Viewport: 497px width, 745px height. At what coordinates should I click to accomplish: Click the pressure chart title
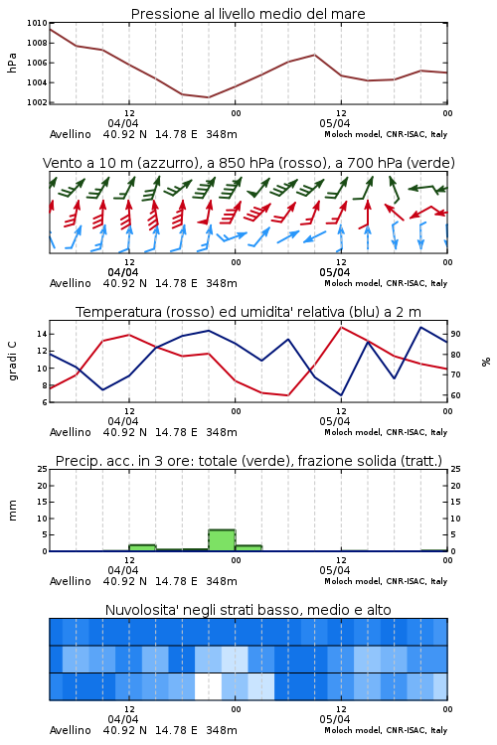click(248, 14)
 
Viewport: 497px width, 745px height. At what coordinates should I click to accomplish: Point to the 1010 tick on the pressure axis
click(37, 23)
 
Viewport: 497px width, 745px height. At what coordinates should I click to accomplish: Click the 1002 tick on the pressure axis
click(37, 102)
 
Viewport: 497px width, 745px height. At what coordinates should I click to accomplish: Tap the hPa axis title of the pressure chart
click(12, 63)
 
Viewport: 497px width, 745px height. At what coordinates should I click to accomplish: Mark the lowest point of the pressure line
click(209, 97)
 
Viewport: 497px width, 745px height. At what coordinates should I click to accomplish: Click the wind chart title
click(248, 163)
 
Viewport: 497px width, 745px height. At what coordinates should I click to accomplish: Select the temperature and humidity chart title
click(248, 312)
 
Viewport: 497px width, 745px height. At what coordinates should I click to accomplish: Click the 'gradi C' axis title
click(12, 362)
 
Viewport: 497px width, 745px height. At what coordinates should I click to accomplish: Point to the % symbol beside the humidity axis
click(486, 362)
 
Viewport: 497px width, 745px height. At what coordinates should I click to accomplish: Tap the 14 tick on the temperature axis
click(42, 334)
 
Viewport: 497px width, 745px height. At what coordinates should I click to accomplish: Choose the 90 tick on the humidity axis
click(455, 334)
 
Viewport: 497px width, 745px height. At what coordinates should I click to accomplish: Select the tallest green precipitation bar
click(222, 540)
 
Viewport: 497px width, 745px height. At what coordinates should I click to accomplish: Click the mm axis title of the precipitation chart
click(12, 511)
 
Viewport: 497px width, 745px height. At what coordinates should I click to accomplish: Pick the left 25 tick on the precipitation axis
click(42, 469)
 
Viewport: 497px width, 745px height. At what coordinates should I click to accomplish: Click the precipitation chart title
click(248, 461)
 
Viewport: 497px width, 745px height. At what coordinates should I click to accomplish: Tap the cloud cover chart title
click(248, 610)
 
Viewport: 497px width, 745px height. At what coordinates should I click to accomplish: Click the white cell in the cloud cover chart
click(209, 686)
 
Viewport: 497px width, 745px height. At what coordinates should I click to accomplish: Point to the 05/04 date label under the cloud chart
click(335, 719)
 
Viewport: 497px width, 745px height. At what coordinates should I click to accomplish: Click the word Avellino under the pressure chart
click(71, 134)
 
